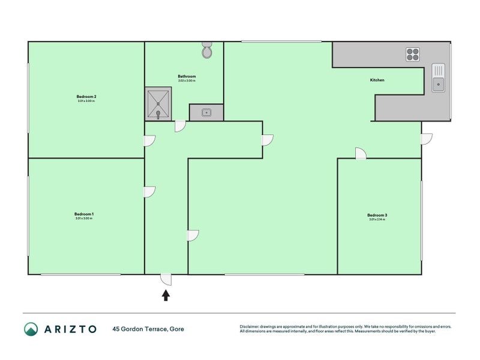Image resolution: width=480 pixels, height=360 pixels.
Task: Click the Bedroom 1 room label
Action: (x=84, y=214)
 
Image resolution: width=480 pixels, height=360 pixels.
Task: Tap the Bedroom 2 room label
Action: (x=86, y=97)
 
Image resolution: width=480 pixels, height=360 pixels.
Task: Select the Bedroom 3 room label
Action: (x=377, y=215)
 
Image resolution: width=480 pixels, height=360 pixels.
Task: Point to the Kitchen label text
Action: (x=377, y=80)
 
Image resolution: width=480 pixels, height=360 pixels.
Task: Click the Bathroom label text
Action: (x=187, y=77)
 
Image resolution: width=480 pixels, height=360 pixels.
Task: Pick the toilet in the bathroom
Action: (x=207, y=50)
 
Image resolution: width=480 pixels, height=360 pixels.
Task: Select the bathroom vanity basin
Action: (x=206, y=112)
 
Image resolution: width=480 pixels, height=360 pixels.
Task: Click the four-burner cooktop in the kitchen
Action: (x=413, y=54)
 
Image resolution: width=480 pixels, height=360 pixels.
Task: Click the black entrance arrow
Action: (x=166, y=295)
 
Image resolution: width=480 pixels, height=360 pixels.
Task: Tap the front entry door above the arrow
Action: (x=166, y=280)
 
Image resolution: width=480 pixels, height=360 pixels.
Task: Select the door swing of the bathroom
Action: (x=179, y=127)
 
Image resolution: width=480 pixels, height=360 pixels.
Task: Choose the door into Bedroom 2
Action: (x=149, y=140)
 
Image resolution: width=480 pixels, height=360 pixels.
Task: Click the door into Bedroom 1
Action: (x=149, y=192)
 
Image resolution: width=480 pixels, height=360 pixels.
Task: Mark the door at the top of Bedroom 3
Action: (x=361, y=154)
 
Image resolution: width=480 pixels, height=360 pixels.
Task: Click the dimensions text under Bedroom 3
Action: (x=377, y=220)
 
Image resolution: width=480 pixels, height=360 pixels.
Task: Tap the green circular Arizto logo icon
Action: (x=31, y=329)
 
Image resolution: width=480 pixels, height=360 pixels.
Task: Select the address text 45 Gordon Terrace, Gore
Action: (x=148, y=329)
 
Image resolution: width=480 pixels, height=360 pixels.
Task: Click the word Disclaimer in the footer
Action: (x=251, y=326)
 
